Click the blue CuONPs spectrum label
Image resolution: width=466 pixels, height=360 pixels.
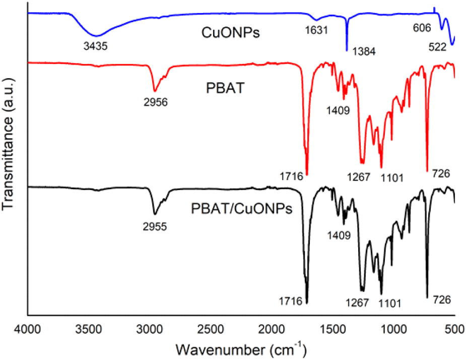click(224, 36)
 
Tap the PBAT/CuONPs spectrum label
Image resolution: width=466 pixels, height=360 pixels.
click(241, 209)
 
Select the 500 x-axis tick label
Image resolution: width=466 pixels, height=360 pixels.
click(454, 328)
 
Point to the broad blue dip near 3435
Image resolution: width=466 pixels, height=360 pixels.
click(97, 35)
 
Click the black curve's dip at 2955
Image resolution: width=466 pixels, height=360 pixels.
click(155, 213)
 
